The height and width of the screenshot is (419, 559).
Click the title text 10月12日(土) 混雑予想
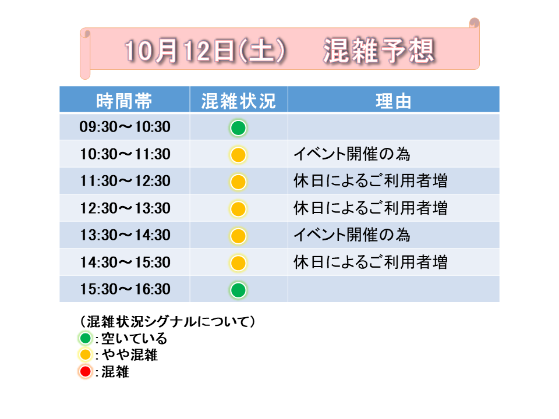click(279, 51)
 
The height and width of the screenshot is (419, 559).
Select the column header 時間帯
click(124, 101)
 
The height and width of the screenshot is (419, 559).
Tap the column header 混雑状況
click(239, 101)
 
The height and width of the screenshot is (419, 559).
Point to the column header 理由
click(393, 101)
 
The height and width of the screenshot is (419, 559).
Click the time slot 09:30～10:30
click(125, 127)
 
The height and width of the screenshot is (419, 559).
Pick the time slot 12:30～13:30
click(125, 208)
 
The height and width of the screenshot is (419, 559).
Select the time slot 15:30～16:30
click(125, 289)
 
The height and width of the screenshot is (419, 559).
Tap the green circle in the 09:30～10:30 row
click(238, 128)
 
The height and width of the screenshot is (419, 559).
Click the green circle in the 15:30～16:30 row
click(238, 290)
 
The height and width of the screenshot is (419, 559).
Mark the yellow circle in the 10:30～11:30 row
click(238, 155)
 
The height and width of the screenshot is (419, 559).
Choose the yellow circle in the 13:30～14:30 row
click(238, 236)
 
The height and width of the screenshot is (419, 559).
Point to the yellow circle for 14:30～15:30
click(238, 263)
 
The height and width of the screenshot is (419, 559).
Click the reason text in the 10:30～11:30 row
click(352, 154)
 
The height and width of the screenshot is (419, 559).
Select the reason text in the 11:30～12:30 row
click(370, 180)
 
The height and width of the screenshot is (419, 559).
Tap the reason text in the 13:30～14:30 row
click(352, 235)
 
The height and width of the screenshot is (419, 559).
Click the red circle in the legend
click(85, 372)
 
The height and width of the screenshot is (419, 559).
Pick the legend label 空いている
click(134, 339)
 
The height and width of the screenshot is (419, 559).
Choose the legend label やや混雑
click(129, 355)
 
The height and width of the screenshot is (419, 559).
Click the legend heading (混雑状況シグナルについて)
click(167, 322)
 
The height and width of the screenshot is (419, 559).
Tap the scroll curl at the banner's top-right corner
click(474, 23)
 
